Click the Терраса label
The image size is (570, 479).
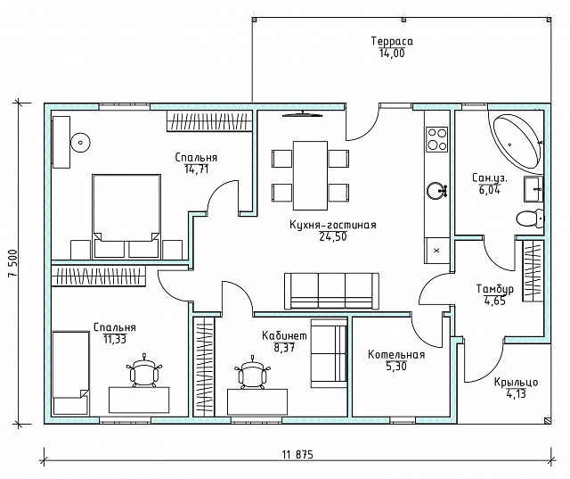pos(392,41)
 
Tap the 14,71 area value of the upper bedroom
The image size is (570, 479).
pos(197,169)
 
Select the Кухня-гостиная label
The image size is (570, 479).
pos(332,225)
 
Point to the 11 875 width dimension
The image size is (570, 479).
pos(297,454)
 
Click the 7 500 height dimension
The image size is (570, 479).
pos(13,263)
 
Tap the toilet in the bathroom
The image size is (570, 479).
pos(530,219)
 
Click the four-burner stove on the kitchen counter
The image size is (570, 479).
pos(437,138)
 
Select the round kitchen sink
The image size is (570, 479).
pos(436,191)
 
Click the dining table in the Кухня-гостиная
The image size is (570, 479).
pos(310,176)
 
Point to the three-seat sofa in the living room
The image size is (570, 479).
pos(331,291)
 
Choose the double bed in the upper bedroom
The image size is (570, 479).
pos(126,216)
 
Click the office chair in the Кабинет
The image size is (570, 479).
pos(253,372)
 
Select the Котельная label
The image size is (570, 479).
pos(396,354)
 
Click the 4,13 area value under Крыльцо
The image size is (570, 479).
pos(516,394)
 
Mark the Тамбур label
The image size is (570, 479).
pos(495,289)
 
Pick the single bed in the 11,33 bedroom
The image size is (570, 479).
pos(70,372)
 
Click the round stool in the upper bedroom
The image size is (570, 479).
pos(80,143)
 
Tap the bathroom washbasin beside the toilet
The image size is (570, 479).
pos(533,188)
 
